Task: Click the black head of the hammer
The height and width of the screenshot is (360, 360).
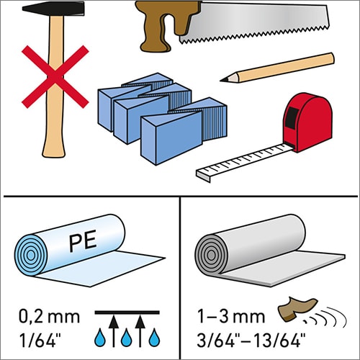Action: pos(53,9)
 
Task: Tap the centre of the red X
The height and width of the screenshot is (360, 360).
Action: pos(55,77)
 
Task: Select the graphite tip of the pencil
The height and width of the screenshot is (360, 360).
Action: pos(224,80)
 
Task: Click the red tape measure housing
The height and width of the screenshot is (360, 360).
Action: pos(308,122)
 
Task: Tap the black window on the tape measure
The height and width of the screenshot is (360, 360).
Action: pos(292,117)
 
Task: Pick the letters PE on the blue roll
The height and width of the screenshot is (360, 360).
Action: pos(83,240)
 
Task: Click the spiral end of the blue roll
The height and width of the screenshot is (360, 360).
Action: pos(30,255)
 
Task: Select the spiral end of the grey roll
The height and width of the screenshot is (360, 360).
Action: pos(211,255)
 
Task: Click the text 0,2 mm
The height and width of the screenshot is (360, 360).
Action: pos(49,317)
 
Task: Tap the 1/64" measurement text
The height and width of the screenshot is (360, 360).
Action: pos(40,340)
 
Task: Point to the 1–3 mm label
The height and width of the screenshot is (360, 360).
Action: pos(231,316)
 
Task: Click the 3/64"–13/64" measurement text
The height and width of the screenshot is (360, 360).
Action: pos(251,340)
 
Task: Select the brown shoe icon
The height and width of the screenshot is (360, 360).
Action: pos(297,308)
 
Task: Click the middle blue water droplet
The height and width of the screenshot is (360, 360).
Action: pos(127,338)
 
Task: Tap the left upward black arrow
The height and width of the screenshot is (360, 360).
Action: pos(114,331)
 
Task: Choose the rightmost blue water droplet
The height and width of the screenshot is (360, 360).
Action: pos(154,338)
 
